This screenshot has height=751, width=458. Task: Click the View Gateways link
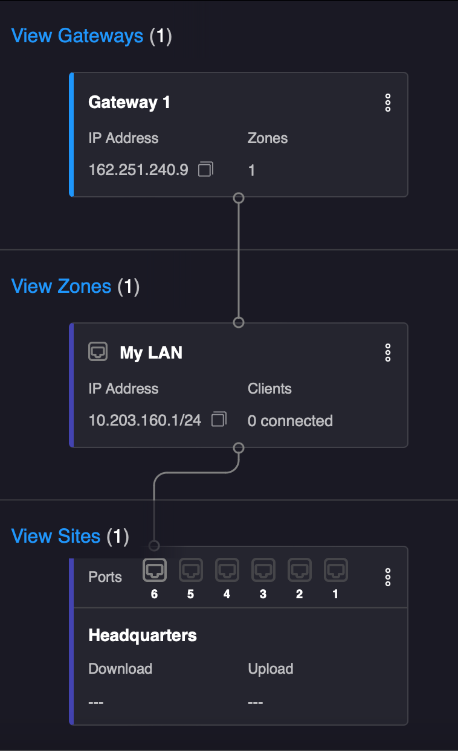point(77,36)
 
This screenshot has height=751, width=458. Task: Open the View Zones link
point(61,286)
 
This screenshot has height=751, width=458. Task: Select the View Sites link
point(56,536)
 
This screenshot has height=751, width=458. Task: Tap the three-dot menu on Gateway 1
point(388,103)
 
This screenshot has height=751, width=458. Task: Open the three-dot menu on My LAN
point(388,353)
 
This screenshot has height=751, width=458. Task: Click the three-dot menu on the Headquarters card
point(388,577)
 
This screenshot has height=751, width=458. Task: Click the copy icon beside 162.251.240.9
point(205,169)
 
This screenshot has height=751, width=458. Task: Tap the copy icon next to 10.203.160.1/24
point(219,420)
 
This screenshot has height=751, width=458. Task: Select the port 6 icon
point(154,569)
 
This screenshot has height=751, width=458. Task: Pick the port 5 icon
point(190,569)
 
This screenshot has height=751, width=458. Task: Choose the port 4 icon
point(227,569)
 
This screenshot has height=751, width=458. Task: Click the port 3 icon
point(263,569)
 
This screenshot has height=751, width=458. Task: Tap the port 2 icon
point(299,569)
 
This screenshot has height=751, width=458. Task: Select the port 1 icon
point(335,569)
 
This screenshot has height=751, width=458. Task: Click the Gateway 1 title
point(129,103)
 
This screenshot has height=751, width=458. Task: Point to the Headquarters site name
point(143,635)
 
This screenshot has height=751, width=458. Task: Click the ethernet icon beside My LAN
point(98,351)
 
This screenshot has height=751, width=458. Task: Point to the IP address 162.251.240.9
point(138,170)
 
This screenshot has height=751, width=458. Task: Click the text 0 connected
point(290,421)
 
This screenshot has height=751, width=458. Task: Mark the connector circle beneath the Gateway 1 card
point(239,197)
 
